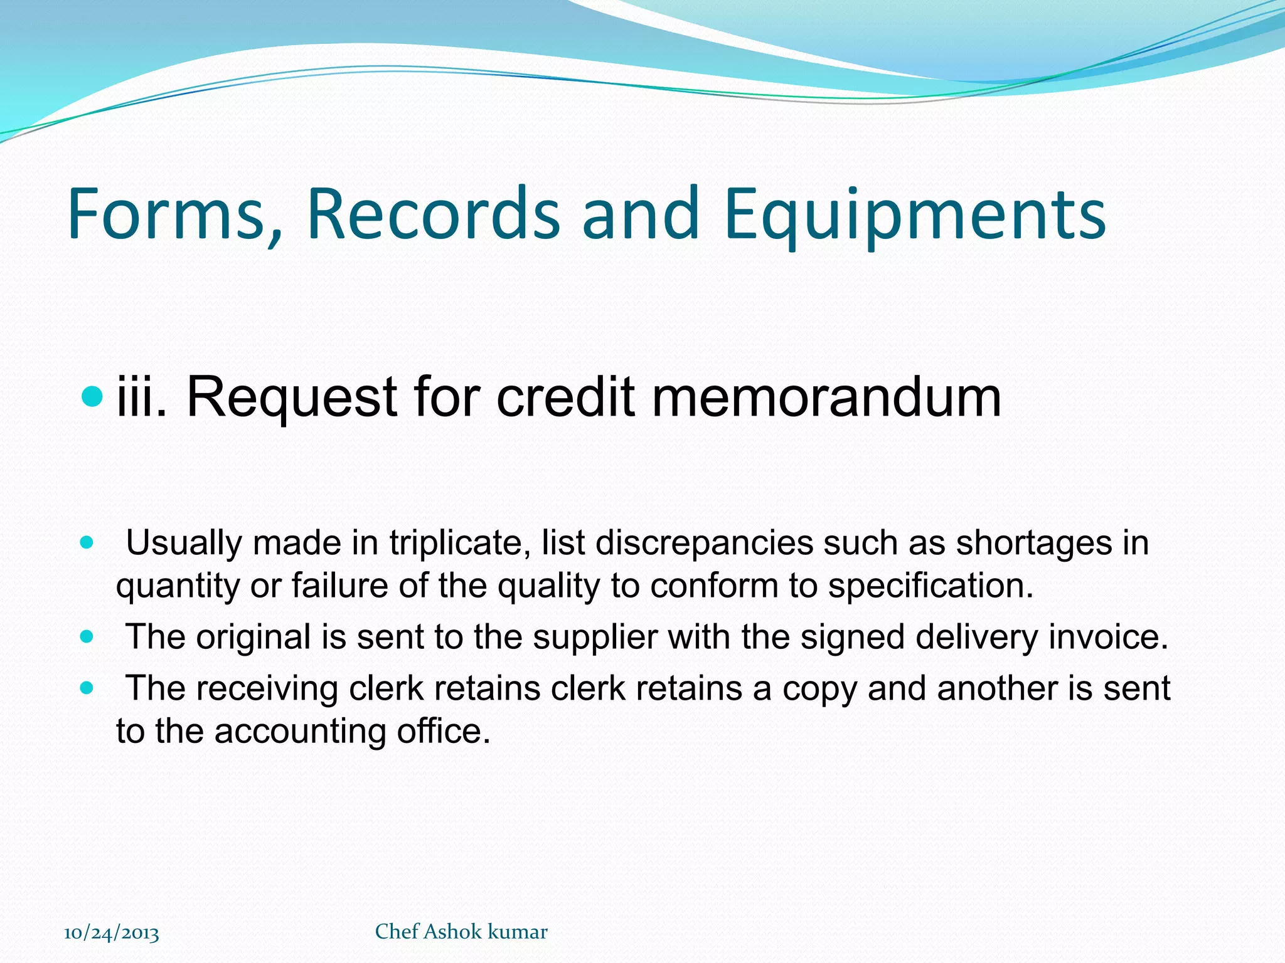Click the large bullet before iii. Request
pyautogui.click(x=92, y=396)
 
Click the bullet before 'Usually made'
pyautogui.click(x=87, y=542)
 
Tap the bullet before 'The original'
pyautogui.click(x=87, y=637)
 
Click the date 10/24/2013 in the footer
pyautogui.click(x=112, y=933)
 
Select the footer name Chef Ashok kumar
pyautogui.click(x=461, y=932)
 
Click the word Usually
pyautogui.click(x=184, y=543)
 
